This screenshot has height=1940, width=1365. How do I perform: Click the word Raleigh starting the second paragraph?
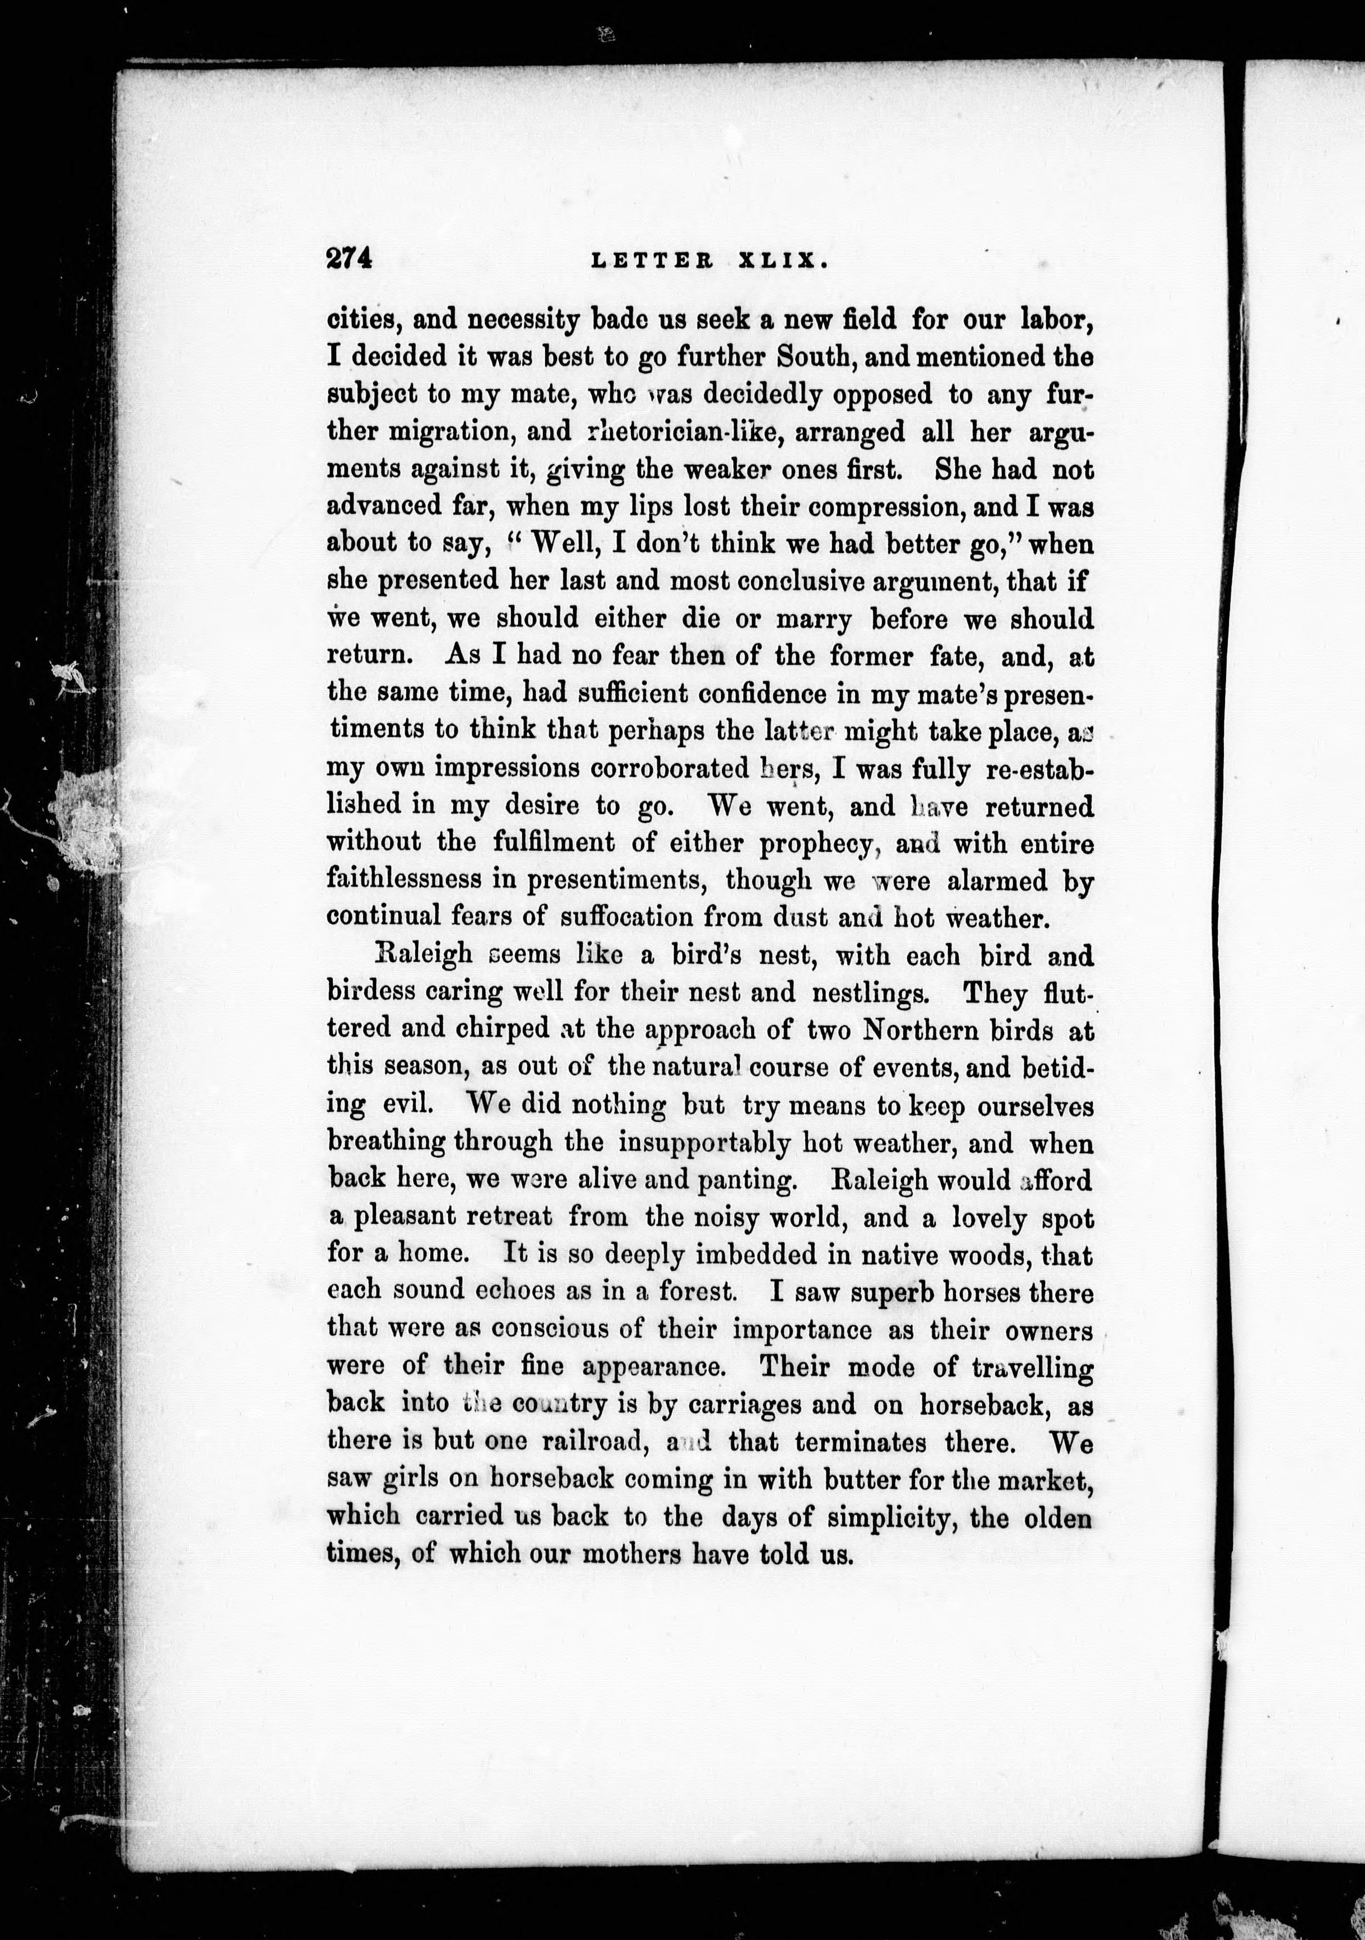[x=422, y=955]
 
